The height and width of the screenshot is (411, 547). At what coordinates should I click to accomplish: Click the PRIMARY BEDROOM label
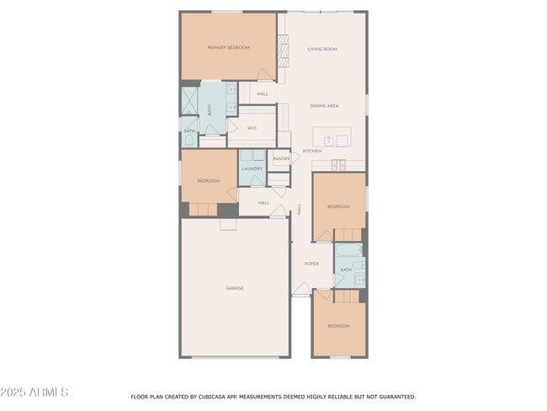(228, 48)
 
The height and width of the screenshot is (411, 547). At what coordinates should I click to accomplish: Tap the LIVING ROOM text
(321, 50)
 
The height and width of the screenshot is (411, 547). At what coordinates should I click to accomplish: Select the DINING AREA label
(324, 106)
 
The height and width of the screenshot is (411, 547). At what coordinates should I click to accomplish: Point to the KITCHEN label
(312, 151)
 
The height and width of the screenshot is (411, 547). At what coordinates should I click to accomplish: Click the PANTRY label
(281, 158)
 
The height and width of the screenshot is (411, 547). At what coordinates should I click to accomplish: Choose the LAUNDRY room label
(252, 169)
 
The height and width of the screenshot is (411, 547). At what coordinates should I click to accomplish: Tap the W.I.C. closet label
(251, 129)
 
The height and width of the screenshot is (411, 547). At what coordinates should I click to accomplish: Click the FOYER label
(311, 264)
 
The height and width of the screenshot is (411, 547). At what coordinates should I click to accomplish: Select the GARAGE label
(235, 288)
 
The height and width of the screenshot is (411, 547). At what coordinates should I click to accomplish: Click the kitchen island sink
(329, 140)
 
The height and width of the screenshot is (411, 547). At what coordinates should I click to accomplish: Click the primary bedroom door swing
(264, 75)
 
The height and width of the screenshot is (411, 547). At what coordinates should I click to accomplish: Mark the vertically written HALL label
(300, 210)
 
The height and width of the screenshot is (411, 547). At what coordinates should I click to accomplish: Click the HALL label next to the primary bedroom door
(263, 93)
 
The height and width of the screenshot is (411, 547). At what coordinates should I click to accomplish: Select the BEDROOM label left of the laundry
(209, 181)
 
